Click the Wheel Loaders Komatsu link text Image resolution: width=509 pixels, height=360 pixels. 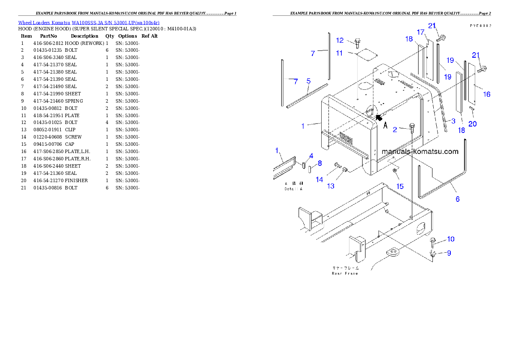tap(89, 23)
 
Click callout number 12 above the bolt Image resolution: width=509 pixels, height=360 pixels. tap(340, 40)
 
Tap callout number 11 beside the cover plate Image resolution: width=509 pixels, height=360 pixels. tap(339, 53)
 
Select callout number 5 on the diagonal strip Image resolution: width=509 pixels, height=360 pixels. tap(308, 81)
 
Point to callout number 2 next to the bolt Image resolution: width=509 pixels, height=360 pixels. tap(395, 129)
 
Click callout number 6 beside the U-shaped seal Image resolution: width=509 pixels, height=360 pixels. tap(457, 199)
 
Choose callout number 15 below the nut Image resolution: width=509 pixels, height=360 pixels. tap(400, 186)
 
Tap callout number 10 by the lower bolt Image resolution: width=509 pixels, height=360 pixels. tap(451, 239)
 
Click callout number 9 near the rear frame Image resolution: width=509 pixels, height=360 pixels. tap(449, 253)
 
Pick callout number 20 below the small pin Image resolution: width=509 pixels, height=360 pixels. tap(473, 124)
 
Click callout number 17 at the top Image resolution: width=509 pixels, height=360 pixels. tap(420, 32)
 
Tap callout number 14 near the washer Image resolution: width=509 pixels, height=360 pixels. tap(320, 180)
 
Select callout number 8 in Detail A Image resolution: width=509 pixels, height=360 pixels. tap(319, 163)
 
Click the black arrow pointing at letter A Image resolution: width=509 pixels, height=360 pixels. tap(378, 118)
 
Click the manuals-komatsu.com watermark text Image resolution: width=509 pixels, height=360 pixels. tap(420, 151)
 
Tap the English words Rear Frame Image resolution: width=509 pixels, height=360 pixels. tap(345, 273)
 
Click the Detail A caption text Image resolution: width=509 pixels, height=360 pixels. tap(293, 189)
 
